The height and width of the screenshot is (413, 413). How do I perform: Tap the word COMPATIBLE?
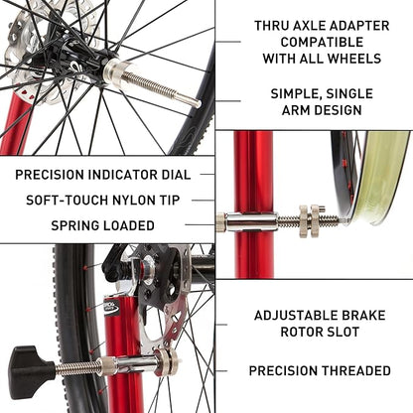coord(321,44)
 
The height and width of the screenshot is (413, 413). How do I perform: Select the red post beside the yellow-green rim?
coord(253,199)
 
